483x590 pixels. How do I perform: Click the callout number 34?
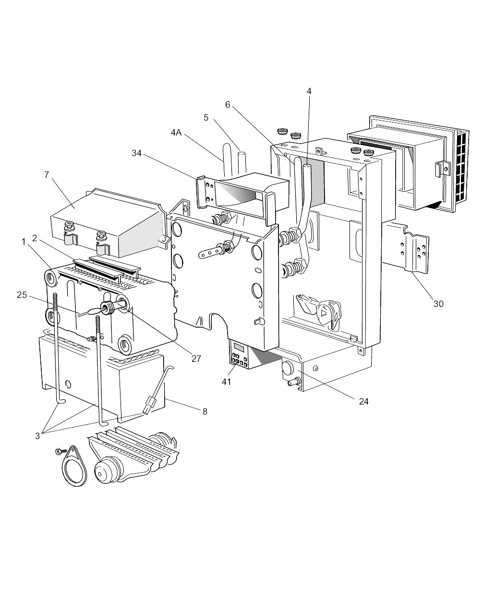click(x=136, y=153)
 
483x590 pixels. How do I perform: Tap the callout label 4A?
click(x=176, y=132)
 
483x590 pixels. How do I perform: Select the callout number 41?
click(x=227, y=381)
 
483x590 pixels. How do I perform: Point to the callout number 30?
click(x=438, y=304)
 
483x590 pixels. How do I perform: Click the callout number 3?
click(x=38, y=436)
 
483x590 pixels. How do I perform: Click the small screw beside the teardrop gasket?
click(x=61, y=451)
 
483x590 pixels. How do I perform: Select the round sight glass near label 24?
click(x=288, y=369)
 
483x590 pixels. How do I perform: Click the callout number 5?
click(x=206, y=118)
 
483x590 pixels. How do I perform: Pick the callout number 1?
click(x=24, y=242)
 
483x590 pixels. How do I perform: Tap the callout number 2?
click(x=35, y=238)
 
